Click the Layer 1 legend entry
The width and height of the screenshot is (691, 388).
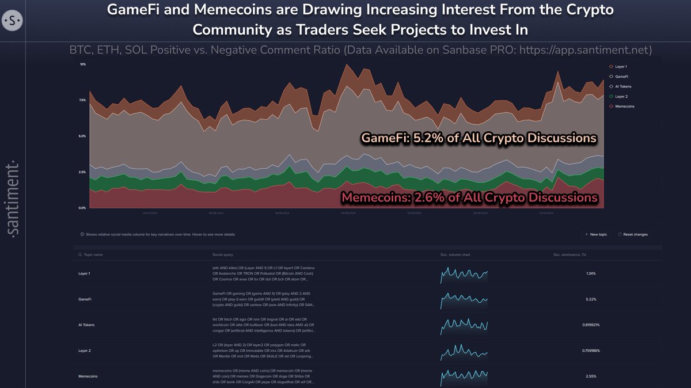(621, 67)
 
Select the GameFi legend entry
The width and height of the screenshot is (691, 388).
(621, 77)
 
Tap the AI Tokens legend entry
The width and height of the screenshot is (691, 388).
(622, 86)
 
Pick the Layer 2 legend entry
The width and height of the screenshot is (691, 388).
(621, 96)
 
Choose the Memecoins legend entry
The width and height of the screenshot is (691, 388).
(624, 106)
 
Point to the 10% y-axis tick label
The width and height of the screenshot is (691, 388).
(83, 64)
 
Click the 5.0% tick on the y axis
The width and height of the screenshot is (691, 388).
(83, 136)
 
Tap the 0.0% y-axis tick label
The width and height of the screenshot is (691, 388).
(83, 208)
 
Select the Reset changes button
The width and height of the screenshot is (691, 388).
(633, 235)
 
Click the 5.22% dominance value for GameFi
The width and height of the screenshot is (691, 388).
(592, 299)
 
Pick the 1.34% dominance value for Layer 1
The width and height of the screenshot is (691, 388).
(592, 273)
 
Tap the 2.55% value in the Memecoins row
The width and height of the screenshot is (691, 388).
(592, 376)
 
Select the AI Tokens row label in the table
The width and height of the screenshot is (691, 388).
(86, 325)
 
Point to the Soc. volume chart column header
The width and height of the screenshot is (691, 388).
(458, 254)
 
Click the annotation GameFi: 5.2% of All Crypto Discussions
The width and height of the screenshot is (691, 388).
(478, 139)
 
